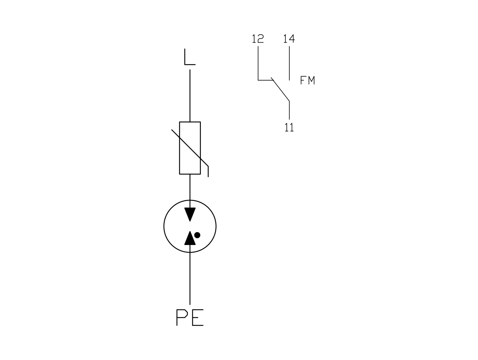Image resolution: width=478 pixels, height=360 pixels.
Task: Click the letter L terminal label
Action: click(190, 57)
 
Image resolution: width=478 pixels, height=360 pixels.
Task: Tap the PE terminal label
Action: click(190, 317)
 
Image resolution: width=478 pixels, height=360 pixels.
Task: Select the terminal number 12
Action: click(258, 39)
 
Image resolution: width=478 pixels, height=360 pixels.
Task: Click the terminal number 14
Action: click(289, 39)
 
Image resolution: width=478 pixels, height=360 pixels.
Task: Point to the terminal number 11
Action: click(289, 127)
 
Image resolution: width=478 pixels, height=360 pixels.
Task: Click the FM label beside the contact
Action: click(308, 80)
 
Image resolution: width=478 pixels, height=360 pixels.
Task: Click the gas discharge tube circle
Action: click(164, 226)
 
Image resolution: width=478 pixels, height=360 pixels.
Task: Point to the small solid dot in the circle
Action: click(197, 235)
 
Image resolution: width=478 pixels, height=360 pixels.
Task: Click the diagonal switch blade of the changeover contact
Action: click(280, 89)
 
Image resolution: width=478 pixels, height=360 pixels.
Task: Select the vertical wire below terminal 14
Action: click(289, 63)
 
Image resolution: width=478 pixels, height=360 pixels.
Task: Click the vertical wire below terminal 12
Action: click(258, 63)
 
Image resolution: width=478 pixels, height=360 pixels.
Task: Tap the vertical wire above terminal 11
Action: click(289, 110)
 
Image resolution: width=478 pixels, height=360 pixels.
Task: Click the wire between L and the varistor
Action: click(190, 96)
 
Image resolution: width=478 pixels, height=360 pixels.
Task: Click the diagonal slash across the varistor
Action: click(190, 148)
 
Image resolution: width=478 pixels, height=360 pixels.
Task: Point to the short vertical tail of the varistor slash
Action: click(208, 172)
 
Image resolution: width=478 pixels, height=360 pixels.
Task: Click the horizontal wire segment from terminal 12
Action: click(266, 80)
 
